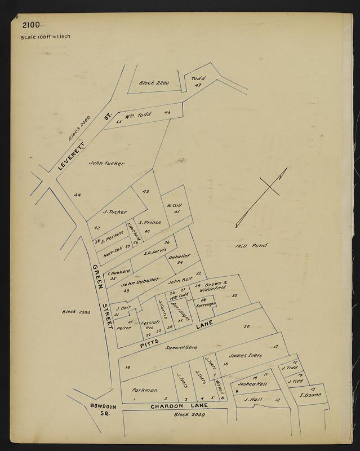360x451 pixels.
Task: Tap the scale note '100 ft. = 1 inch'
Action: (45, 37)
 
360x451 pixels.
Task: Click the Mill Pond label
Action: (250, 245)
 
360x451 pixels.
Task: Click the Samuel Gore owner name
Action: (179, 347)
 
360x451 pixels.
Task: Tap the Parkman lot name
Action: (145, 390)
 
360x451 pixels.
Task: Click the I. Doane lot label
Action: (309, 395)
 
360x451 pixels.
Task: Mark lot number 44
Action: (77, 195)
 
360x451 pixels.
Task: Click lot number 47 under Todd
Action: (198, 85)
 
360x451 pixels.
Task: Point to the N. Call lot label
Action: (174, 205)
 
